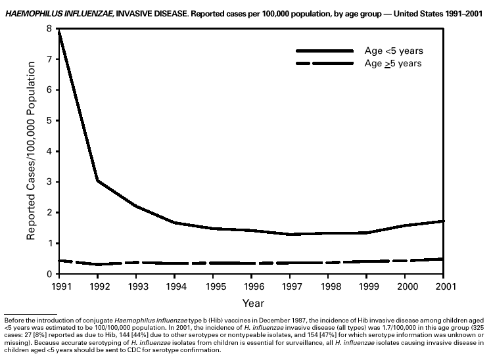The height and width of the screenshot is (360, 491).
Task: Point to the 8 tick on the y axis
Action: (49, 29)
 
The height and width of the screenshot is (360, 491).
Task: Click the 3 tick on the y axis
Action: (49, 182)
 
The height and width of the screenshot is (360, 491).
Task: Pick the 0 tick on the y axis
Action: (49, 274)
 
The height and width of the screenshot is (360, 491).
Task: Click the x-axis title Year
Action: (253, 303)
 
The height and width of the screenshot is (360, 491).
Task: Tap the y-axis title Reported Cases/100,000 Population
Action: (31, 151)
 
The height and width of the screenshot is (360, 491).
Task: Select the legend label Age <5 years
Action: (394, 51)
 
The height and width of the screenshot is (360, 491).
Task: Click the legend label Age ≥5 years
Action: (394, 63)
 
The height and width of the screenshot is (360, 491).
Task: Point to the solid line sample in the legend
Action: (325, 51)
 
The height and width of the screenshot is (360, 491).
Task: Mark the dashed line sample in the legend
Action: (325, 63)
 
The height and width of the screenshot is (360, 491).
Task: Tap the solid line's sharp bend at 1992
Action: (97, 180)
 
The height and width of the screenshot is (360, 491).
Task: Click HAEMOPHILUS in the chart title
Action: (30, 12)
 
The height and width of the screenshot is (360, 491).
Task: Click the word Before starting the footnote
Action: (14, 321)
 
